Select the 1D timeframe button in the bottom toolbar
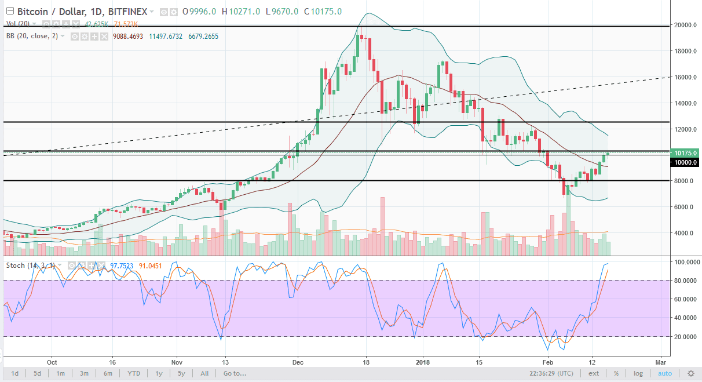pyautogui.click(x=14, y=373)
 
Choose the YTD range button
pyautogui.click(x=134, y=373)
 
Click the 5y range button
pyautogui.click(x=181, y=373)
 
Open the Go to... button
pyautogui.click(x=235, y=373)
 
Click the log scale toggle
pyautogui.click(x=638, y=373)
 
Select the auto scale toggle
pyautogui.click(x=665, y=373)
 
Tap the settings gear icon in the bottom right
pyautogui.click(x=690, y=373)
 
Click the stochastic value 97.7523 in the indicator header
pyautogui.click(x=126, y=265)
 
